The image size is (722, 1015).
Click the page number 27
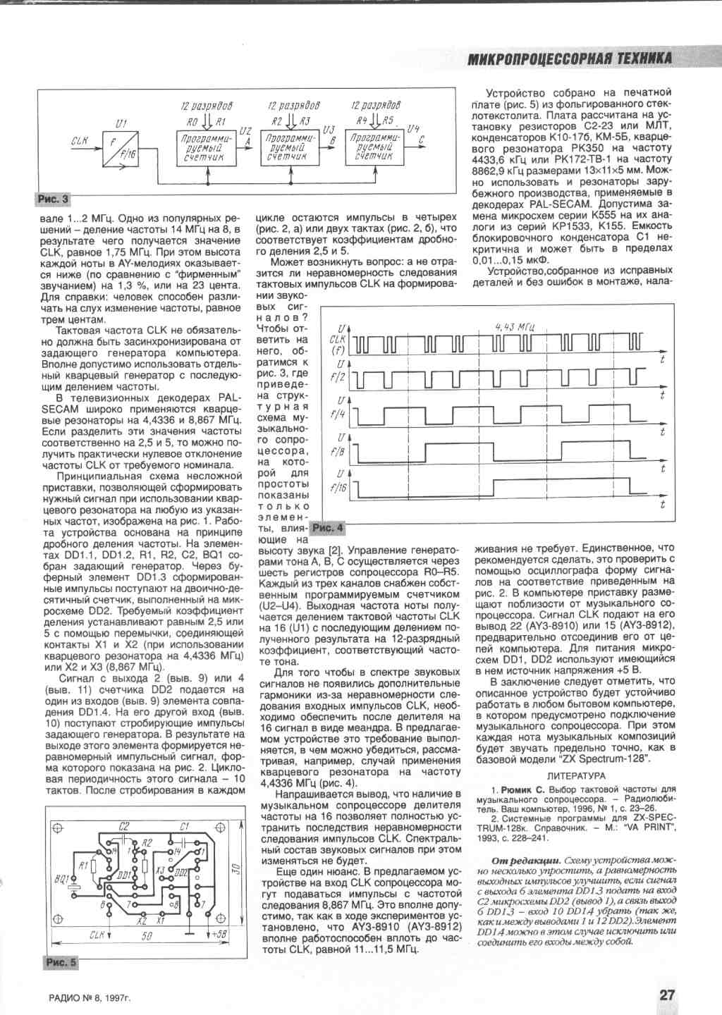(667, 994)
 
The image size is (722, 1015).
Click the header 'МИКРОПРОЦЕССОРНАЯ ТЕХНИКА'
(570, 59)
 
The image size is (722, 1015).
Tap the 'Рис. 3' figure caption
(53, 199)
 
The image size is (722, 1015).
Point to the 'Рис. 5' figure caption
(61, 962)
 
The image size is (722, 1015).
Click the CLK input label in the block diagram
(79, 141)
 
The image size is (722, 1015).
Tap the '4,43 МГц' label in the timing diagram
(514, 326)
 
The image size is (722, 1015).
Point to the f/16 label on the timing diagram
(339, 488)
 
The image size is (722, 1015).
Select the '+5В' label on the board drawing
(216, 935)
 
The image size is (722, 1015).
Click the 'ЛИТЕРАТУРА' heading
(576, 775)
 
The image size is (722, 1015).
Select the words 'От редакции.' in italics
(525, 861)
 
